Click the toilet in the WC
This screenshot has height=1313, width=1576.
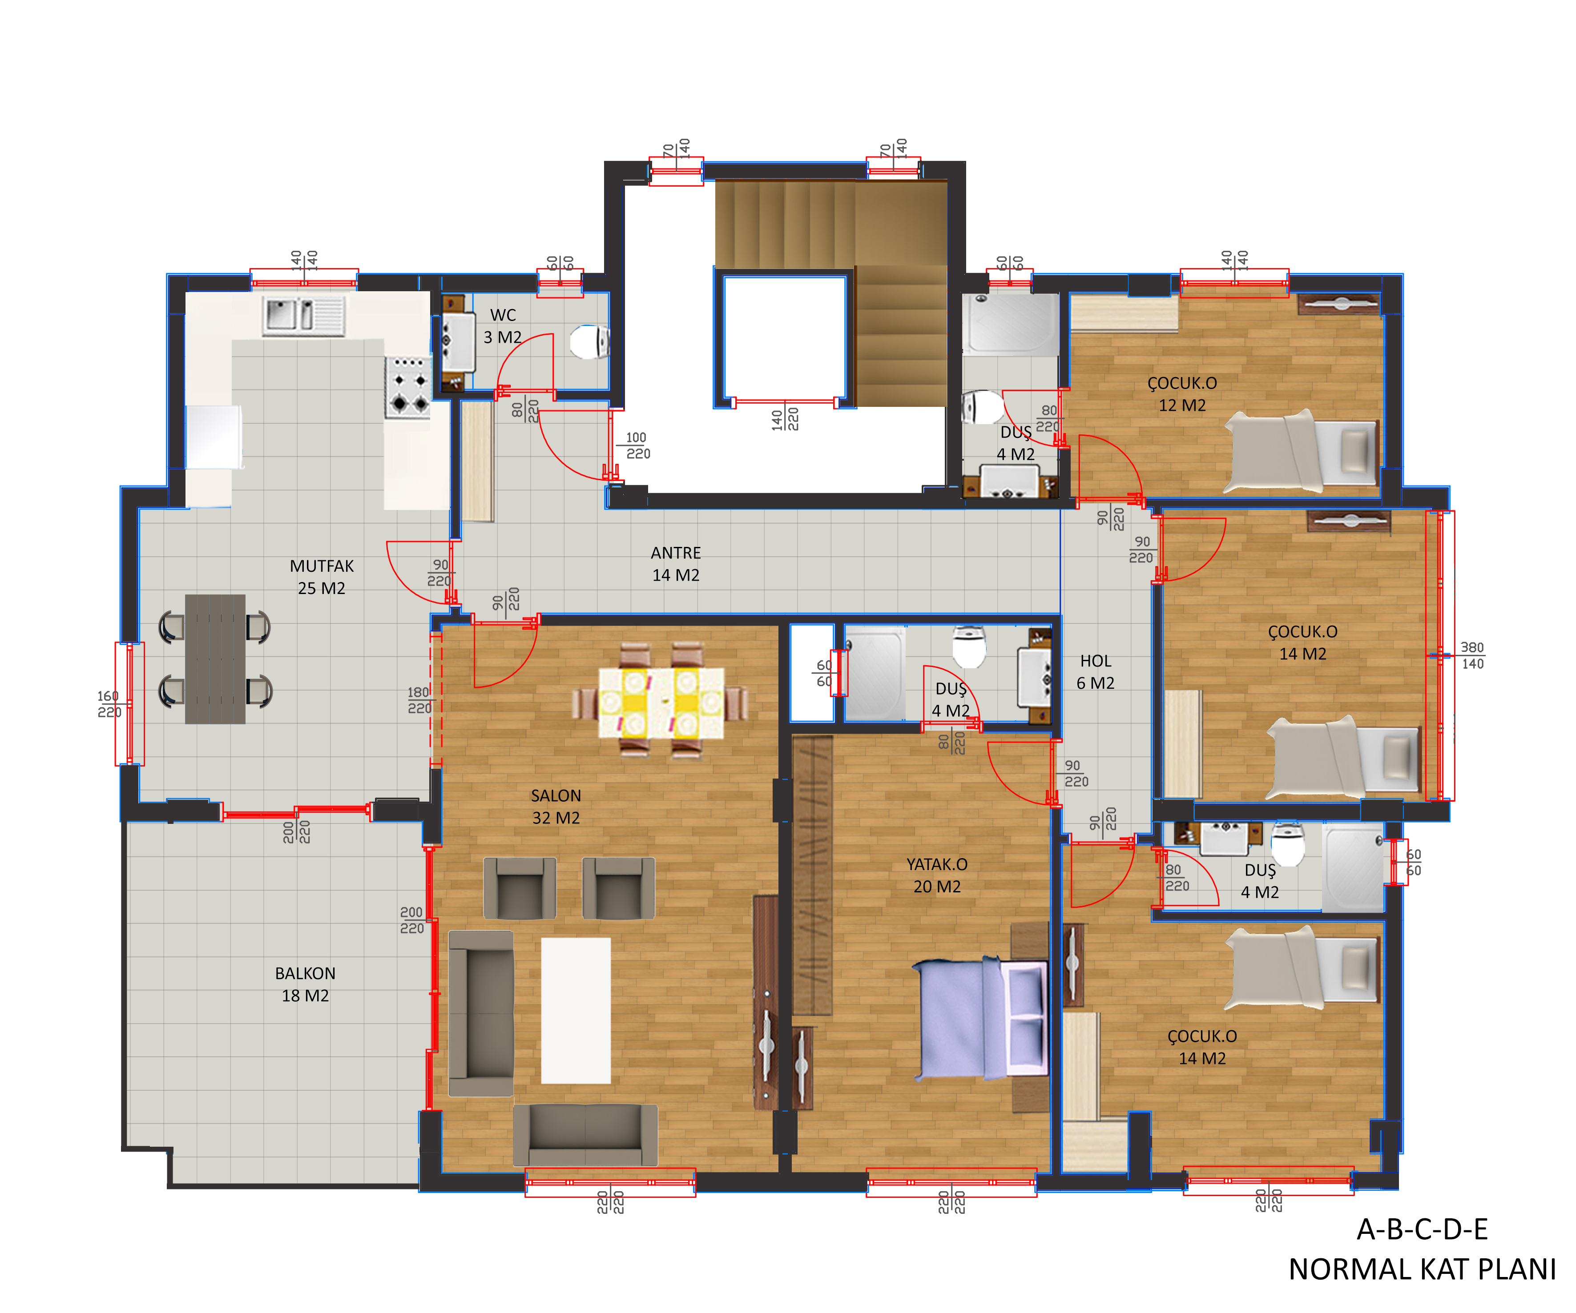(x=590, y=341)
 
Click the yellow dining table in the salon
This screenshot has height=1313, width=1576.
(x=661, y=702)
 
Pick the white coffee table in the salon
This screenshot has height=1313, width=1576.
(x=576, y=1010)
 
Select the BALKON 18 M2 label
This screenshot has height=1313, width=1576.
(x=305, y=984)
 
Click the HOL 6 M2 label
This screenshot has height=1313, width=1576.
(x=1096, y=671)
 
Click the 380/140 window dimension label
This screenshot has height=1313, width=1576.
(x=1471, y=655)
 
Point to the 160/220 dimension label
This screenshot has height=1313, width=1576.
(x=109, y=704)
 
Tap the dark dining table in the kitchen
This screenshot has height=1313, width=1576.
(x=215, y=659)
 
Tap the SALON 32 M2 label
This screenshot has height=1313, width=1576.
(x=556, y=807)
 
